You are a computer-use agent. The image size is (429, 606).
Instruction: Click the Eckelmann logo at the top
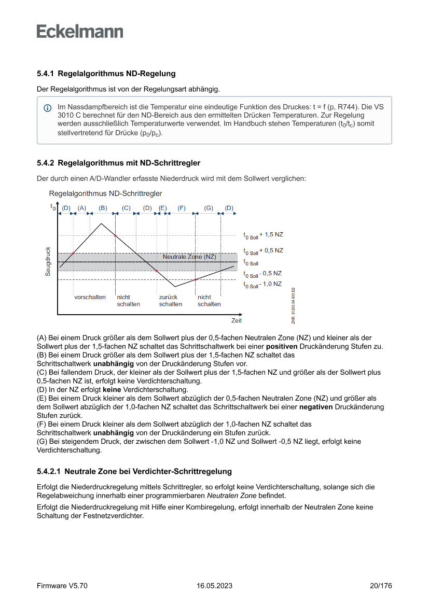(80, 31)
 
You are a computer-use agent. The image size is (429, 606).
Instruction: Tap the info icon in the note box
(47, 108)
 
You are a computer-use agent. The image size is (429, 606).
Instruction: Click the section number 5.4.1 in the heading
(46, 74)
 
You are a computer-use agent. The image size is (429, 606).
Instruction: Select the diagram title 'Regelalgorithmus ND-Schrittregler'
(105, 193)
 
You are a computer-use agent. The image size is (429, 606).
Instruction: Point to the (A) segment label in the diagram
(81, 208)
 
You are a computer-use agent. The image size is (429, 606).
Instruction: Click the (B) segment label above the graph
(103, 208)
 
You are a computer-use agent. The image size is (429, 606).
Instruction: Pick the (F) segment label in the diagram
(181, 208)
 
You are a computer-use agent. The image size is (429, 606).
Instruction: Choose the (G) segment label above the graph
(209, 208)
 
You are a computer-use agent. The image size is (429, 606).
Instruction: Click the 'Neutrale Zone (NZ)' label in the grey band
(189, 257)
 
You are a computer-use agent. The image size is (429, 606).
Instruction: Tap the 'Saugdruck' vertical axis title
(48, 261)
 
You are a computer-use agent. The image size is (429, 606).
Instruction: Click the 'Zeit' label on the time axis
(237, 320)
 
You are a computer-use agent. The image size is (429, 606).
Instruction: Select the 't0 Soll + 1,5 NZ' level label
(264, 235)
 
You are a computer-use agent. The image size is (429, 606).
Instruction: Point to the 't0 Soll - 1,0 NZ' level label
(262, 284)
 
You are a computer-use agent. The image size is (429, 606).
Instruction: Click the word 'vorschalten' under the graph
(90, 297)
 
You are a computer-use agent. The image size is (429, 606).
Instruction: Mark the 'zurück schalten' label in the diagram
(171, 301)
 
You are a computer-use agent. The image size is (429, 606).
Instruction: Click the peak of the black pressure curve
(102, 223)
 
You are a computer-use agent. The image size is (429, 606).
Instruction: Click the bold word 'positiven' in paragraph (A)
(282, 346)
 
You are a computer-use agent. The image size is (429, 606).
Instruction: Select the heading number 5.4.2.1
(49, 471)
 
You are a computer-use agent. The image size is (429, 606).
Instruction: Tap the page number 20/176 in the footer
(381, 586)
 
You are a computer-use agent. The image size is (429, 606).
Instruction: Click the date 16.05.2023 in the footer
(214, 586)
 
